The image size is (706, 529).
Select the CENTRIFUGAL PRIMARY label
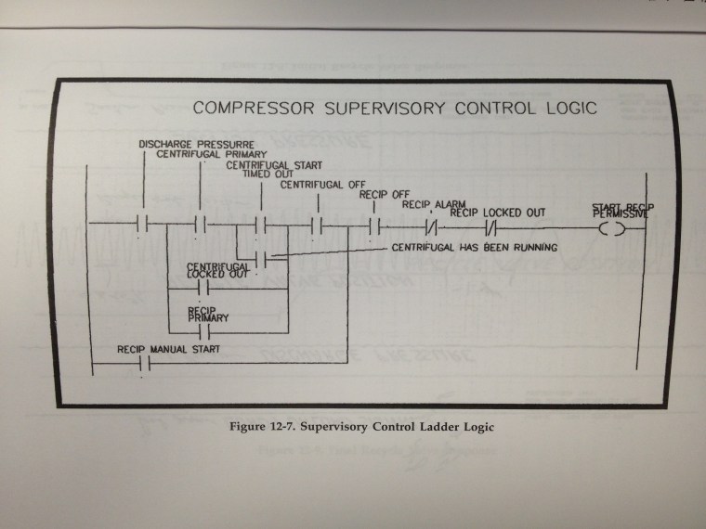(x=211, y=155)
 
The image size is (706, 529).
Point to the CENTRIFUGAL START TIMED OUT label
(x=269, y=169)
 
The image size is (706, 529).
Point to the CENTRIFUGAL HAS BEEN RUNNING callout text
(x=473, y=248)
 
